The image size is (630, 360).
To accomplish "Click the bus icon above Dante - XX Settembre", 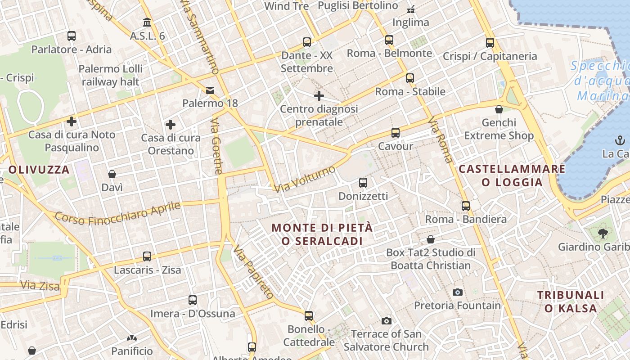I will click(x=307, y=42).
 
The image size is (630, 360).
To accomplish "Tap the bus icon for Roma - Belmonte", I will click(x=389, y=40).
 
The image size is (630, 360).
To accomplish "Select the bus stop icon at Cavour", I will click(x=396, y=133).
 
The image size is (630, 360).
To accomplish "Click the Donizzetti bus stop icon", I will click(x=363, y=183).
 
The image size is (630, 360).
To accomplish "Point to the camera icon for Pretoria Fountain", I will click(x=458, y=292).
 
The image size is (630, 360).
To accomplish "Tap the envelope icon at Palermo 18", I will click(x=210, y=90).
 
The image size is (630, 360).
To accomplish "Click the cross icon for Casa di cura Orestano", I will click(x=171, y=125).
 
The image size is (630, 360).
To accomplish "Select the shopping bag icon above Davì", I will click(x=112, y=174).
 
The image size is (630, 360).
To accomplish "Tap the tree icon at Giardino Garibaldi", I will click(x=603, y=234).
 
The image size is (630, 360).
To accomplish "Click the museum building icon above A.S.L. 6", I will click(x=147, y=22).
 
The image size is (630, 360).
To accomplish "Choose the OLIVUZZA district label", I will click(x=39, y=170).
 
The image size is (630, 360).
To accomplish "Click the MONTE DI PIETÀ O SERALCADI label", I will click(x=322, y=234).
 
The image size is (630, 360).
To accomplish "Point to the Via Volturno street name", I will click(x=306, y=179).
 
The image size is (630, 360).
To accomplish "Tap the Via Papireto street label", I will click(x=253, y=272).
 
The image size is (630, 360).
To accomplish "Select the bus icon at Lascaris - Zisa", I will click(x=147, y=256).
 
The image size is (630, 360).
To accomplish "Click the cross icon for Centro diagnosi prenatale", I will click(x=319, y=96).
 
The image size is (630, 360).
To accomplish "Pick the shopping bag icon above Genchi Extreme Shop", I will click(x=499, y=109).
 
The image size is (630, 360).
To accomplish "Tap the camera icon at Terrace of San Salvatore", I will click(x=387, y=321).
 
